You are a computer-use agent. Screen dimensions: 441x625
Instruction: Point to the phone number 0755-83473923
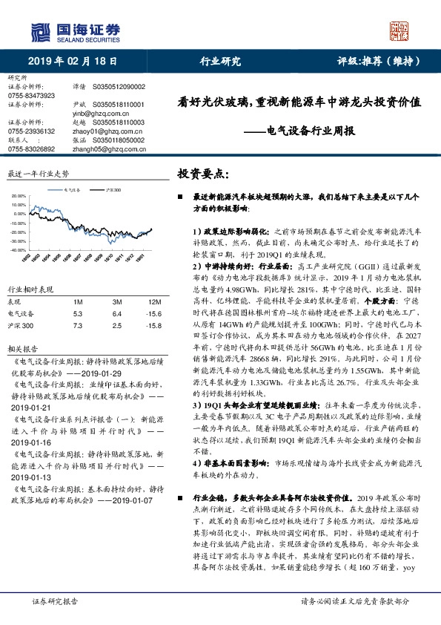pyautogui.click(x=31, y=96)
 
